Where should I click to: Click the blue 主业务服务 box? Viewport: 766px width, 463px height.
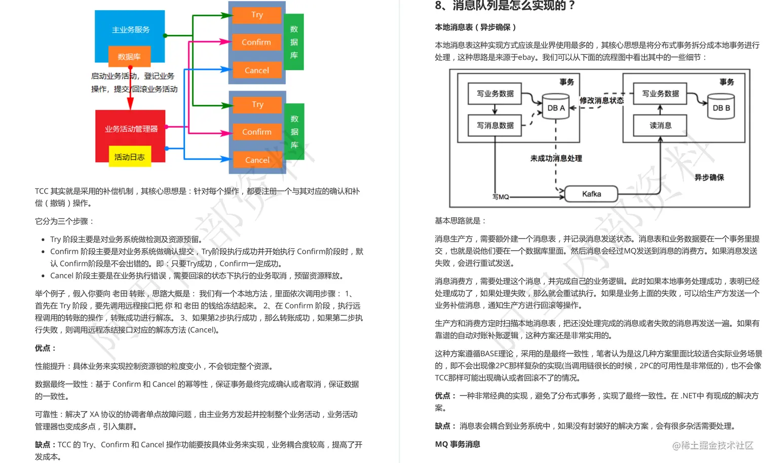coord(130,29)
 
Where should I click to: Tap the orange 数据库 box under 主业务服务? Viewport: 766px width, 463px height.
coord(129,57)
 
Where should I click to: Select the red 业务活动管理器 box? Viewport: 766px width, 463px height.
coord(131,129)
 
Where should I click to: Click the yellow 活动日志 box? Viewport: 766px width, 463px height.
coord(129,157)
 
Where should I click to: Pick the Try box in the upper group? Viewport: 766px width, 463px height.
coord(257,15)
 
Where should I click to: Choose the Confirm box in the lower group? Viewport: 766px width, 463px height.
coord(257,132)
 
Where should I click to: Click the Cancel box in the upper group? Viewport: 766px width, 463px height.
coord(257,70)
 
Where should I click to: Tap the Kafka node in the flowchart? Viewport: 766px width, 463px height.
coord(591,194)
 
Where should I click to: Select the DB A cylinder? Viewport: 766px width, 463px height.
coord(556,107)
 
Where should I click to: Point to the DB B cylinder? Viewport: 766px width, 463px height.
coord(721,107)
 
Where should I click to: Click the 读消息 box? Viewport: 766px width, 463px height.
coord(660,125)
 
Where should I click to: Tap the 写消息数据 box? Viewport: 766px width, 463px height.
coord(495,125)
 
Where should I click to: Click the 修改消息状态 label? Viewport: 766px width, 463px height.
coord(601,100)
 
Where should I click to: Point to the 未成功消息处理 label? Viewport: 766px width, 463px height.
coord(556,158)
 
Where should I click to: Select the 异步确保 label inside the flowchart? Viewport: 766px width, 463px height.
coord(709,177)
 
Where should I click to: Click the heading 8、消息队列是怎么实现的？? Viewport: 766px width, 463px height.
coord(505,6)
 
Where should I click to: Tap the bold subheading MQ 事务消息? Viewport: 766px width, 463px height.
coord(457,444)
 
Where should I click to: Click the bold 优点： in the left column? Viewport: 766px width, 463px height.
coord(46,348)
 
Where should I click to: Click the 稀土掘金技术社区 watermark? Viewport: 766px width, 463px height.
coord(713,445)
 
